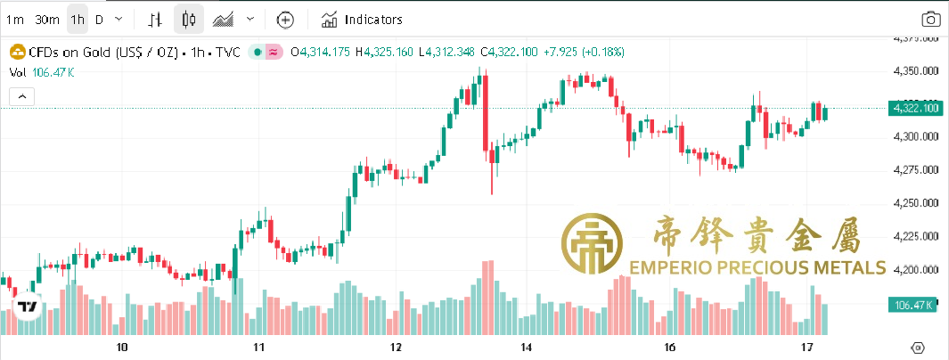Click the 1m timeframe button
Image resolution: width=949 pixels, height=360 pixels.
(14, 19)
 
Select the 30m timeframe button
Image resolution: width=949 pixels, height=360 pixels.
(47, 19)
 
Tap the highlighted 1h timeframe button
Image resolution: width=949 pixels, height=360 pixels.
(78, 19)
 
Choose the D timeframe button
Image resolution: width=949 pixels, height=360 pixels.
(99, 19)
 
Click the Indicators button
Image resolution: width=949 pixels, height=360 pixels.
(362, 19)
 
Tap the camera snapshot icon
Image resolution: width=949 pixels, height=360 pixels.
(930, 20)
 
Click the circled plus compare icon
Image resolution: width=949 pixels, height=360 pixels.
(285, 19)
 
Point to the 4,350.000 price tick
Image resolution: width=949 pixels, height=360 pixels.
(917, 70)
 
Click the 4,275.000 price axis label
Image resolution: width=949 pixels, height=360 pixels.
(917, 169)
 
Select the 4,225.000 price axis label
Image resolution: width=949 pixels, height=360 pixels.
(917, 236)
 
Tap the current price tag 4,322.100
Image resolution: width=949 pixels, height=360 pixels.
(915, 108)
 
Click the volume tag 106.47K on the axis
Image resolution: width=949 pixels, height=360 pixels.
(913, 306)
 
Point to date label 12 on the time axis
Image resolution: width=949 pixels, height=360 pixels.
(396, 347)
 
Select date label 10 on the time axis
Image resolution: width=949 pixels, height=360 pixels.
(122, 347)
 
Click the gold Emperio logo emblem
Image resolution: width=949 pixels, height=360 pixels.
(591, 243)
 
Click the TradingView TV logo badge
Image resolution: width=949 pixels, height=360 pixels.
(28, 307)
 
